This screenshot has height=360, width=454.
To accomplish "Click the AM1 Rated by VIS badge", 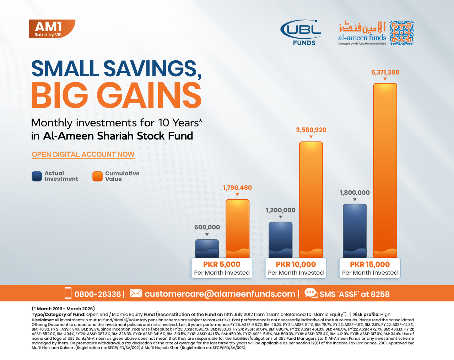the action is (x=52, y=29).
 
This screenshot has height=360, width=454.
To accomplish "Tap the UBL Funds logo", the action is (x=301, y=32).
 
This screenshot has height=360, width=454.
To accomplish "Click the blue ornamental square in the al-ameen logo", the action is (x=401, y=33).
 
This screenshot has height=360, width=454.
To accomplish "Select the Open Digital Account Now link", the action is (x=83, y=154).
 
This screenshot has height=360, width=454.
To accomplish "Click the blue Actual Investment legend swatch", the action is (x=37, y=176).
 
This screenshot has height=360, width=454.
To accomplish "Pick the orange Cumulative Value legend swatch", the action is (x=97, y=176).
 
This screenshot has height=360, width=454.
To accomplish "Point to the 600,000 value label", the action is (x=207, y=227).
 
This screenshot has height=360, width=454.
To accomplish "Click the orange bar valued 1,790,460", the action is (x=237, y=229).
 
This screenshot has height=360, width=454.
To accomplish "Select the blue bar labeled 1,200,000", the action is (x=280, y=240).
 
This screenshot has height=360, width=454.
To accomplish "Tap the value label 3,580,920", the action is (x=311, y=130).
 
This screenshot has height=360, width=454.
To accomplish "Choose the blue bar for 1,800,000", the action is (x=355, y=231).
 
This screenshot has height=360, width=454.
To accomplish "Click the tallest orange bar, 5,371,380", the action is (x=385, y=171).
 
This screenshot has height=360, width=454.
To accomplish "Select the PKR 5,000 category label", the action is (x=222, y=264).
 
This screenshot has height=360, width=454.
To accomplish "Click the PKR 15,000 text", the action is (x=370, y=264).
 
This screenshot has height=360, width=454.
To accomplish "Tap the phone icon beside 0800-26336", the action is (x=68, y=293).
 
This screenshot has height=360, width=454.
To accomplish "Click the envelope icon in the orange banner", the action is (x=136, y=293).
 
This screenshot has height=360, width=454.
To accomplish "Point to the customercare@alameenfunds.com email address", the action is (x=220, y=294).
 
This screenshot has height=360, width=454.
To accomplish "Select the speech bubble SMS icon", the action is (x=311, y=293).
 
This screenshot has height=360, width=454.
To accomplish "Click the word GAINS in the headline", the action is (x=149, y=95).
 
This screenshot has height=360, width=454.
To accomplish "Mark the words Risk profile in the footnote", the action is (x=366, y=315).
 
